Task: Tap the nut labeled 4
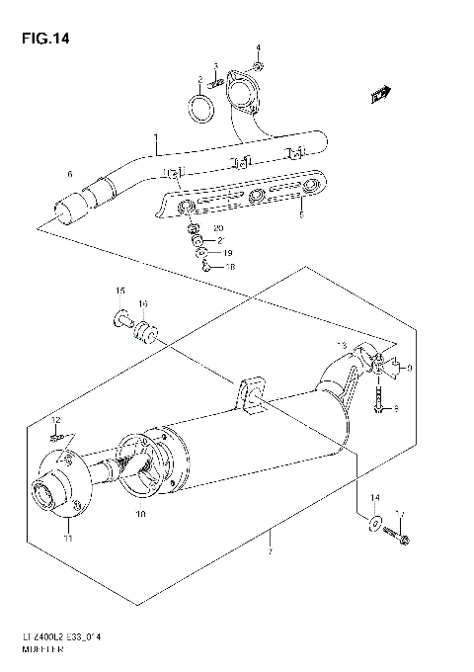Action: (x=259, y=66)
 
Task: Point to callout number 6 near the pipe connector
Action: (x=69, y=175)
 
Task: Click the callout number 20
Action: (x=219, y=228)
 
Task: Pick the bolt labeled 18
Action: (x=203, y=264)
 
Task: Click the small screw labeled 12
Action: (x=58, y=436)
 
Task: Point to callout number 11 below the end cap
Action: (x=68, y=538)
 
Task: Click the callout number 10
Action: (x=141, y=515)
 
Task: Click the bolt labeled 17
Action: (x=401, y=537)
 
